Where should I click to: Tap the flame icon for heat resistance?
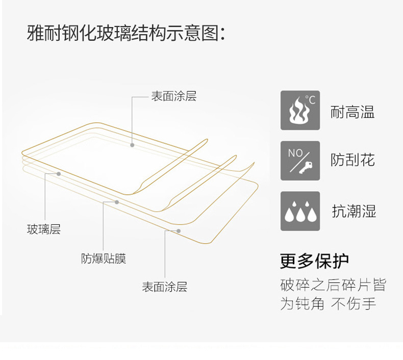tap(300, 110)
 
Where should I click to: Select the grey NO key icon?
tap(300, 161)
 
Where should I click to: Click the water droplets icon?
tap(300, 211)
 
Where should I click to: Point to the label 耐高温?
tap(352, 111)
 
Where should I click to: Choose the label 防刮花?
tap(352, 160)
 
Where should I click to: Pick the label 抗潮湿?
tap(354, 211)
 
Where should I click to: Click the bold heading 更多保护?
tap(314, 261)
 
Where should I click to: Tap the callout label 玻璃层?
tap(44, 229)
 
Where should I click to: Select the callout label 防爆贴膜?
tap(104, 259)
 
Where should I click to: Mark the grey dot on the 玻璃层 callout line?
tap(59, 174)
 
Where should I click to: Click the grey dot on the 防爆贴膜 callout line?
tap(117, 202)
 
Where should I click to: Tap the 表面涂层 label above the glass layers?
tap(173, 96)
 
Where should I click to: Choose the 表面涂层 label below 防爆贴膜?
tap(164, 287)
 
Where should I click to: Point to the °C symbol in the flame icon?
tap(310, 99)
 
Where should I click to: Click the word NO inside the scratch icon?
tap(295, 152)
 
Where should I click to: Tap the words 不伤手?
tap(354, 303)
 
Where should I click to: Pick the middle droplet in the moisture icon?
tap(300, 213)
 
